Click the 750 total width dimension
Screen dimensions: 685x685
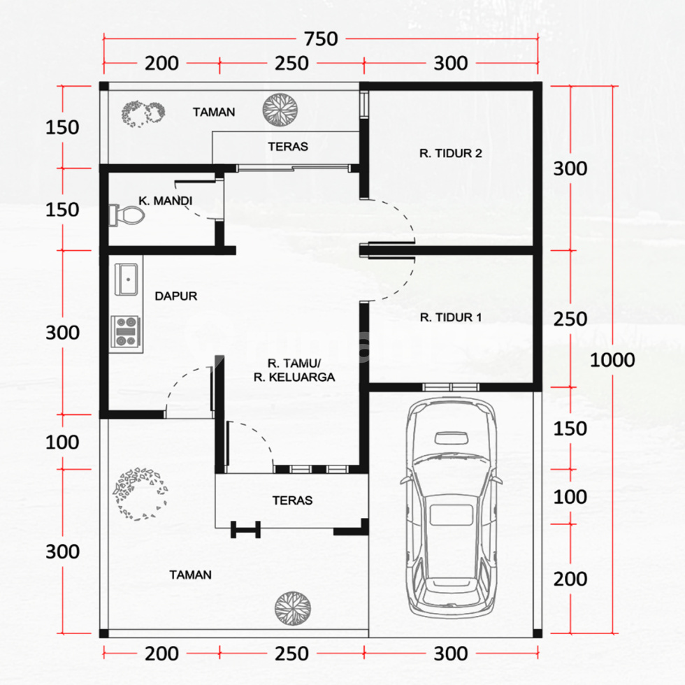tap(321, 39)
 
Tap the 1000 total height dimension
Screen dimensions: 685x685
tap(612, 360)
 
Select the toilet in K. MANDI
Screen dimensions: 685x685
tap(127, 215)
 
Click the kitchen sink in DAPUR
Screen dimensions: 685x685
tap(127, 279)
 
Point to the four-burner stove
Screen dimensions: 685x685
tap(126, 331)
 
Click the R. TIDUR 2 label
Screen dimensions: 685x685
tap(450, 153)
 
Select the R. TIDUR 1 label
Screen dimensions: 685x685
tap(450, 317)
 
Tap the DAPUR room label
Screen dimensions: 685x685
tap(175, 296)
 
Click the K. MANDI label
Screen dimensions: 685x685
tap(165, 201)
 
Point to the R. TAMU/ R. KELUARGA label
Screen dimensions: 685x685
tap(294, 370)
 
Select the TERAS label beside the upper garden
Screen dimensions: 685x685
tap(288, 146)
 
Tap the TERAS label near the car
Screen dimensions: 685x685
tap(292, 500)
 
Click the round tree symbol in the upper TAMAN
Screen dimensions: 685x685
tap(280, 110)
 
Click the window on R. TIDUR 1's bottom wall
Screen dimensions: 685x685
tap(451, 387)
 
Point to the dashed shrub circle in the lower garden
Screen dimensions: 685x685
tap(140, 494)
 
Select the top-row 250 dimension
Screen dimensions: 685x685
tap(291, 64)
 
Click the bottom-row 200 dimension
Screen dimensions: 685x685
tap(161, 654)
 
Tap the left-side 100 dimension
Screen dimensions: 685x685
tap(62, 442)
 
